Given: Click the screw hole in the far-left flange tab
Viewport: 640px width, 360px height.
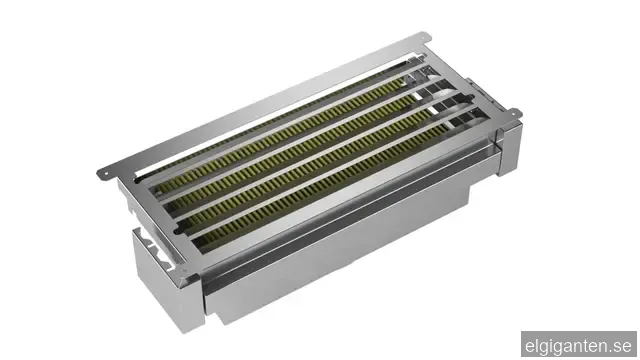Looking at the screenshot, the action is point(107,175).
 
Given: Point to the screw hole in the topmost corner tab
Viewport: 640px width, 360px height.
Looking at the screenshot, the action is point(426,38).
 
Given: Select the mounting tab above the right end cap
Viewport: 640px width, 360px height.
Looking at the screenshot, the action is point(513,113).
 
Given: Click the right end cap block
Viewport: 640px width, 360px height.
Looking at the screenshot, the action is point(509,148).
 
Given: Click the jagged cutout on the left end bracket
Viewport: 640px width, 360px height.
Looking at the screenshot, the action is point(156,247).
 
